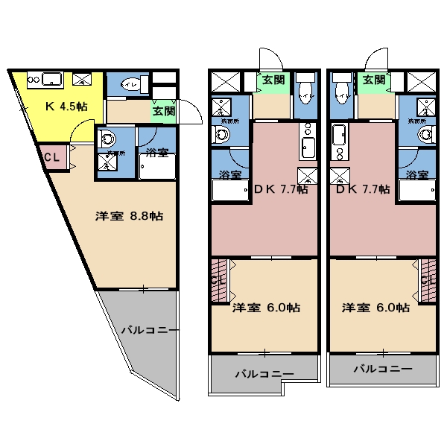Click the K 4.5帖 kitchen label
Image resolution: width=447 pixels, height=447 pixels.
click(x=66, y=107)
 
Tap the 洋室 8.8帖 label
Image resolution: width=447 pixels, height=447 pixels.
click(x=129, y=217)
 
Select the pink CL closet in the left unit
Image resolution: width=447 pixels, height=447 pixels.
click(x=52, y=158)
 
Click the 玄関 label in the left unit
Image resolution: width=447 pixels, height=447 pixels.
click(x=164, y=111)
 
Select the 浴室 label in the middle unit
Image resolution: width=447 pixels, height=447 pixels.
click(x=230, y=175)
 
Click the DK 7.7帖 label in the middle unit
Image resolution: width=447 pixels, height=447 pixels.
click(x=281, y=189)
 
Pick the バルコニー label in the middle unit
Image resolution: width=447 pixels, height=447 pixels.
click(x=264, y=374)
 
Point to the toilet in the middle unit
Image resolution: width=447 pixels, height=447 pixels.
click(x=304, y=92)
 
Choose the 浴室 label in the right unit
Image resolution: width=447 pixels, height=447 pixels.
click(x=416, y=175)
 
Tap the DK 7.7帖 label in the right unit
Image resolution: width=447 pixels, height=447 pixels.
click(x=363, y=189)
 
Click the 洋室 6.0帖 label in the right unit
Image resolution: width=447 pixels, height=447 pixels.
click(x=375, y=307)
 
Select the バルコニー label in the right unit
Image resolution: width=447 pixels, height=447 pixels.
click(x=382, y=368)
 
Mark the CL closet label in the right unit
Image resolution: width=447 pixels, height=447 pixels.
click(x=428, y=280)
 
